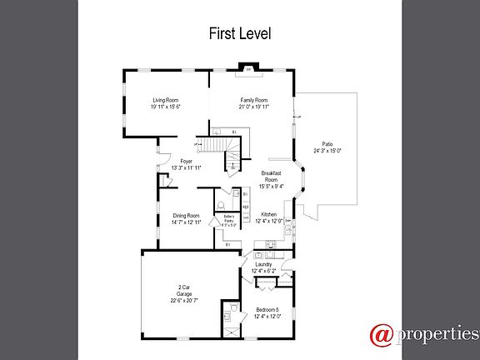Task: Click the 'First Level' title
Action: pos(239,34)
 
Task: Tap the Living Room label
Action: pos(166,99)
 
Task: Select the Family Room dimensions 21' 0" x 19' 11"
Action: pos(253,107)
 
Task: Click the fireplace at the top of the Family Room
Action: pos(247,70)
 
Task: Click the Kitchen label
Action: pos(268,214)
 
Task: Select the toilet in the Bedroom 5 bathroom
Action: pos(227,316)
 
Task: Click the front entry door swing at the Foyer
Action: pos(162,150)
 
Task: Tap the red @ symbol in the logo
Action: pos(382,335)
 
